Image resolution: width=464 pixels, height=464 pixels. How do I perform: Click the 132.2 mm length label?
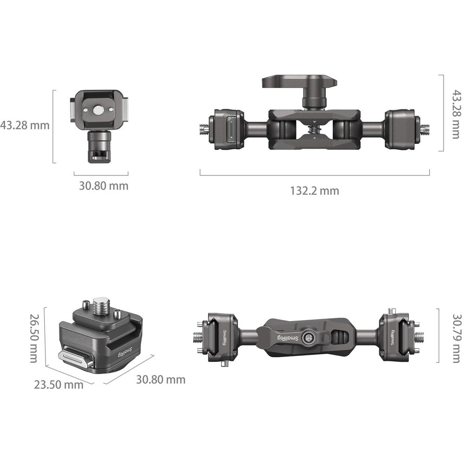click(x=314, y=191)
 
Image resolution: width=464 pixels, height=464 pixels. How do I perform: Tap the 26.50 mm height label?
click(x=34, y=338)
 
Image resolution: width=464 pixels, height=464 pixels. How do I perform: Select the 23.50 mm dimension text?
click(x=58, y=385)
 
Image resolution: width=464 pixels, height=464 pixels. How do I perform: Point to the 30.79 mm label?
click(x=457, y=338)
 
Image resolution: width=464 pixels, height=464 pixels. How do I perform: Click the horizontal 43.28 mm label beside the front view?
click(x=25, y=125)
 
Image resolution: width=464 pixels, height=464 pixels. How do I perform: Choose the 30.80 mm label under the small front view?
click(x=103, y=186)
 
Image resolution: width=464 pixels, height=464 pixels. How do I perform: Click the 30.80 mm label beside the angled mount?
click(x=161, y=380)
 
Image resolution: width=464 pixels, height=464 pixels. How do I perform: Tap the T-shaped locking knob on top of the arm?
click(x=299, y=89)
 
